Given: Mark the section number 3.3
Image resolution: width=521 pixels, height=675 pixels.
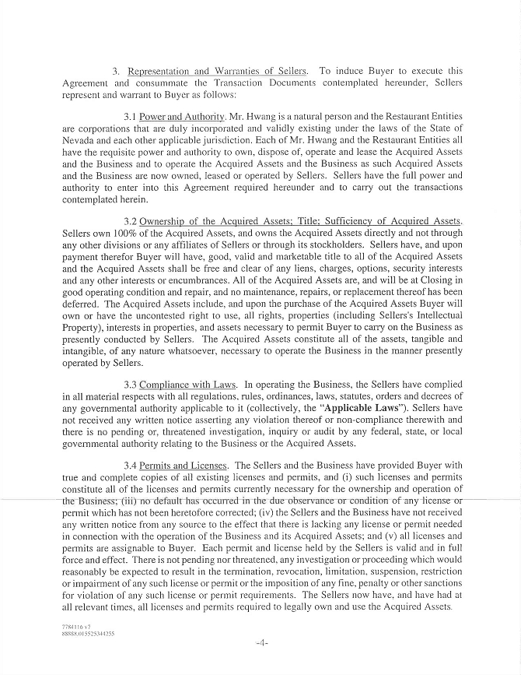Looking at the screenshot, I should click(131, 385).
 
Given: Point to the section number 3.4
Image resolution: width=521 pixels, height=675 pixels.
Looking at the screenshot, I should click(131, 466).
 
